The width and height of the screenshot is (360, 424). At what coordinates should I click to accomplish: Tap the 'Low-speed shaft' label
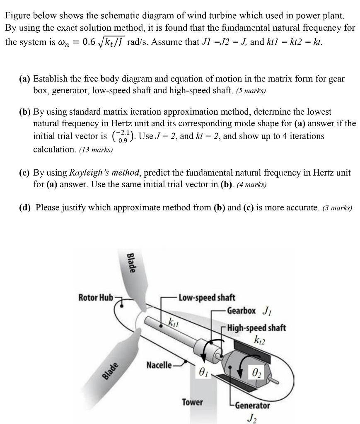point(207,297)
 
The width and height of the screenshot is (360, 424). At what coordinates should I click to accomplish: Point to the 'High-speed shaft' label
point(256,328)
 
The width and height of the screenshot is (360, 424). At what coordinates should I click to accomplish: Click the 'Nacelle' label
point(159,365)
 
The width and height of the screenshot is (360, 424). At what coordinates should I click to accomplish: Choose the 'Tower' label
point(193,402)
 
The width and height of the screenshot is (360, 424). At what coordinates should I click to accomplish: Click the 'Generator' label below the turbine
point(252,405)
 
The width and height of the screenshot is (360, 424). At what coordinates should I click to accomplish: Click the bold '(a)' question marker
point(25,78)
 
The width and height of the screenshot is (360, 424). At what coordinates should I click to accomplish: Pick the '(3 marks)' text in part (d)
point(336,208)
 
